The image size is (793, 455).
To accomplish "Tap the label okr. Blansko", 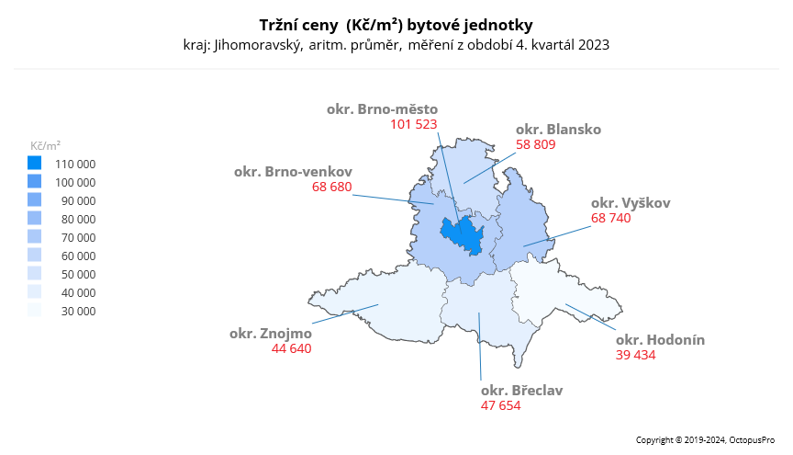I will [558, 130].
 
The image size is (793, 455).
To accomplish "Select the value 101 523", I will [413, 123].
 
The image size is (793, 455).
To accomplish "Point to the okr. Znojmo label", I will [271, 333].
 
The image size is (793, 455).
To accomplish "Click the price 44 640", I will [292, 348].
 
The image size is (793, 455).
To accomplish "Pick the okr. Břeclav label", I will [521, 390].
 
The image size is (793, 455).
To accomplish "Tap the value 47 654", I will [500, 404].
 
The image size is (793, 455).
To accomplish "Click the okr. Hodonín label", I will [660, 339].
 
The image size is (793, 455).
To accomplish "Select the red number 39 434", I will [635, 355].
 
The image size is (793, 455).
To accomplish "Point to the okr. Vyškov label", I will [631, 202].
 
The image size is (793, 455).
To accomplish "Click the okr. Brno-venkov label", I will [293, 171].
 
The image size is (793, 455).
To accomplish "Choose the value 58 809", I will [536, 144].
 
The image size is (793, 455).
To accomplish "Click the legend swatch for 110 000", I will [35, 163].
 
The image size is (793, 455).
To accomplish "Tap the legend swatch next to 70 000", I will [35, 236].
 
